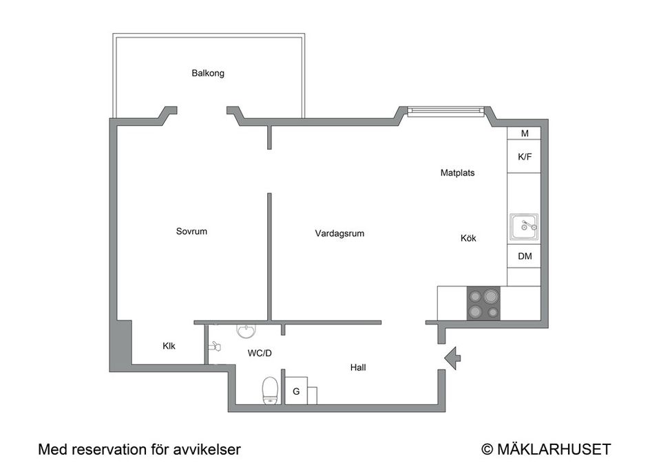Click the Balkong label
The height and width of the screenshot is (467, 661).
click(x=208, y=74)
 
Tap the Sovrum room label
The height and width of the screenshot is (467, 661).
click(x=191, y=231)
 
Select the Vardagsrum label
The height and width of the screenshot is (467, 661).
click(x=339, y=233)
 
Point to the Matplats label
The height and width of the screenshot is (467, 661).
click(x=457, y=173)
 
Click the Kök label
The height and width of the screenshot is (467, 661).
click(x=468, y=239)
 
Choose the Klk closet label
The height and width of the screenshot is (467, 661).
click(x=169, y=346)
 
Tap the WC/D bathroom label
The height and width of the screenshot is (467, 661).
click(x=260, y=354)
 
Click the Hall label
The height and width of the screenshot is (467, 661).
click(x=358, y=368)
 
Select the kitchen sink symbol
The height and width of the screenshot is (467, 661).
click(x=524, y=227)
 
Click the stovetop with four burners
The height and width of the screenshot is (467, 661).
click(x=483, y=303)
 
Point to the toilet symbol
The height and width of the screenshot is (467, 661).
click(x=270, y=391)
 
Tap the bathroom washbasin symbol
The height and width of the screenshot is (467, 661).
click(x=246, y=331)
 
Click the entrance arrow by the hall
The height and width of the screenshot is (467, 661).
click(x=452, y=358)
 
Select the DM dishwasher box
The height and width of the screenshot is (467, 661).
click(x=524, y=257)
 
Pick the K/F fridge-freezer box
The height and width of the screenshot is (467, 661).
click(x=524, y=157)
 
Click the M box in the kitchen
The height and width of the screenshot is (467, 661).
click(x=524, y=133)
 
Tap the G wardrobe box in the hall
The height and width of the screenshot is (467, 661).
click(x=296, y=391)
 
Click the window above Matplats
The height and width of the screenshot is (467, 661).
click(x=446, y=111)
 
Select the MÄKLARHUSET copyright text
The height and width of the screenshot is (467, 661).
click(x=546, y=449)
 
